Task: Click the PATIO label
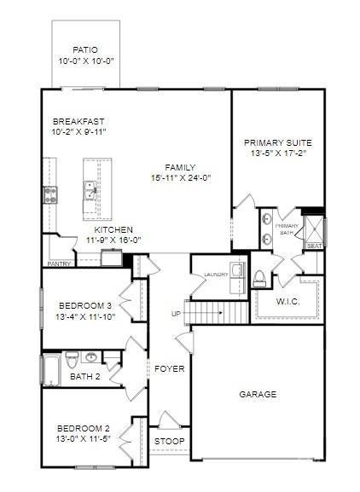coord(86,50)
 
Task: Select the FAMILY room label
coord(180,167)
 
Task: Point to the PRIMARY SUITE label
coord(277,142)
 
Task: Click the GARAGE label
coord(257,395)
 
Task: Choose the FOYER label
coord(169,369)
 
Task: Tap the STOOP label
coord(167,442)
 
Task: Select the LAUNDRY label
coord(217,275)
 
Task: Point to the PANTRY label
coord(59,264)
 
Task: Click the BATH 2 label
coord(85,376)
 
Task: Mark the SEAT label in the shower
coord(314,246)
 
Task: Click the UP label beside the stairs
coord(177,314)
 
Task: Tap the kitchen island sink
coord(90,188)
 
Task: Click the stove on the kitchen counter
coord(49,194)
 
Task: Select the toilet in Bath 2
coord(73,356)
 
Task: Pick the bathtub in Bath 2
coord(49,368)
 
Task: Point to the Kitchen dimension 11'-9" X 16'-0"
coord(113,240)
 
